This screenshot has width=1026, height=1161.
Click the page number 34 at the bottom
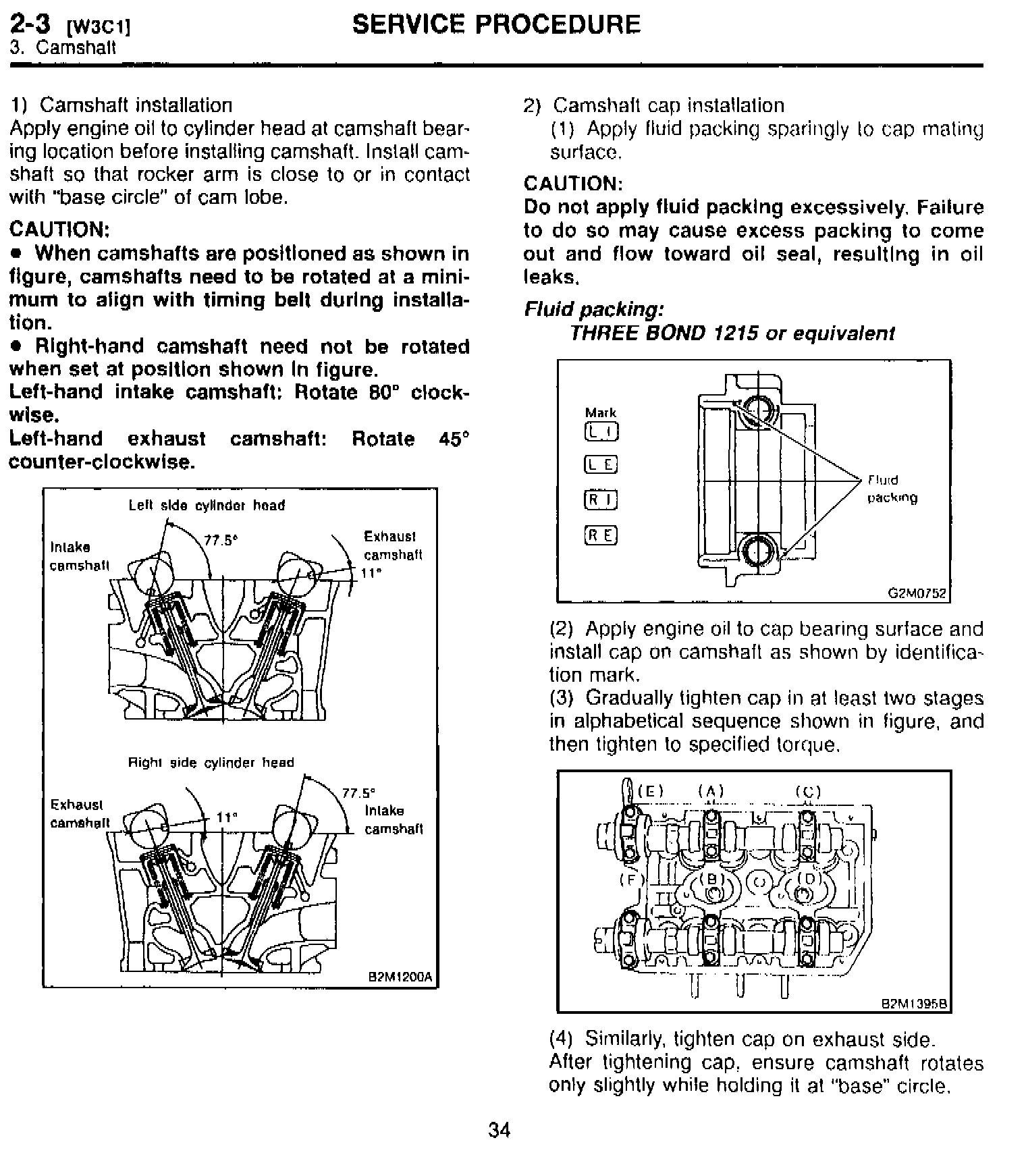tap(499, 1131)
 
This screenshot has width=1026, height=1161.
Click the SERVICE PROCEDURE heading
tap(496, 26)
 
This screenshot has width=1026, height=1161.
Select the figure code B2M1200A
tap(400, 977)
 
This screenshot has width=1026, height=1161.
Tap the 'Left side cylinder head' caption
tap(207, 506)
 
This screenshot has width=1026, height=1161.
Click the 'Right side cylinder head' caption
tap(211, 763)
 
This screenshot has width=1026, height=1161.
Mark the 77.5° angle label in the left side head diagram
tap(218, 540)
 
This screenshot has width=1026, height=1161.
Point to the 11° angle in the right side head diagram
tap(226, 817)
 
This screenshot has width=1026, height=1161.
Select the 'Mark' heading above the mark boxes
tap(600, 412)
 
